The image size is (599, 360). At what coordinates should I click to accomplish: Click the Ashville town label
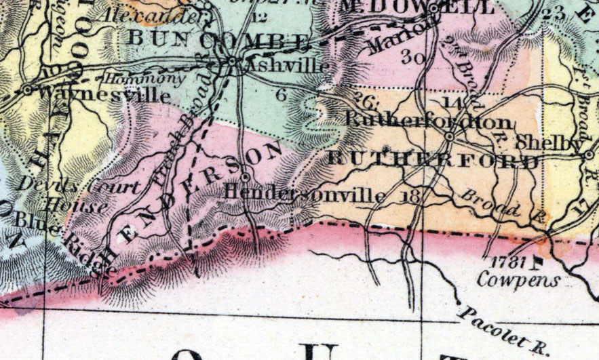coord(288,66)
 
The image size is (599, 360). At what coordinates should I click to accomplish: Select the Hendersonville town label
coord(305,195)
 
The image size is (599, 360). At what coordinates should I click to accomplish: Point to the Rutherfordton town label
coord(429,121)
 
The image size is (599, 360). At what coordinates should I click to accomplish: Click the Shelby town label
coord(558,144)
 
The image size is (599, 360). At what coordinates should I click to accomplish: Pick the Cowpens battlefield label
coord(519,279)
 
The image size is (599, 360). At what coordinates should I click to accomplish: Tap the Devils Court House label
coord(69,194)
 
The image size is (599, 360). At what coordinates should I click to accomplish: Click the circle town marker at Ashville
coord(233,62)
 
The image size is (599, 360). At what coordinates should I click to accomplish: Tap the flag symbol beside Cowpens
coord(539,259)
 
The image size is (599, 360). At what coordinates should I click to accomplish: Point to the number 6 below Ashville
coord(281,95)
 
